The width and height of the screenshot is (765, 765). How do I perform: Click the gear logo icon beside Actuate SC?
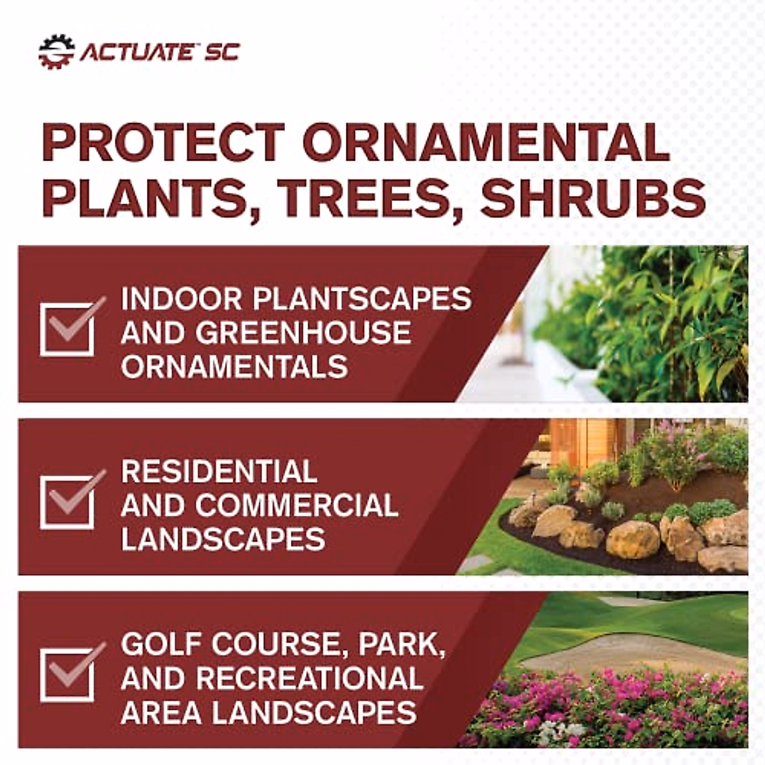point(57,52)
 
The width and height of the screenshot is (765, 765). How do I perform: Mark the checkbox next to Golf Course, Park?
point(68,675)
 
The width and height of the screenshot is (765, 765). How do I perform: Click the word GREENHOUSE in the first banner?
point(303,333)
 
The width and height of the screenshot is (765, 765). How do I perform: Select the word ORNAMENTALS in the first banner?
point(234,367)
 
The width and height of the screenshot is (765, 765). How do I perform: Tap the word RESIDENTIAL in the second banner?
point(219,472)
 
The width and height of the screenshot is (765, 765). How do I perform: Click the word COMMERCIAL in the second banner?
point(297,506)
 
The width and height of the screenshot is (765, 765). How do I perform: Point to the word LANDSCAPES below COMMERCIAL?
point(223,539)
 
